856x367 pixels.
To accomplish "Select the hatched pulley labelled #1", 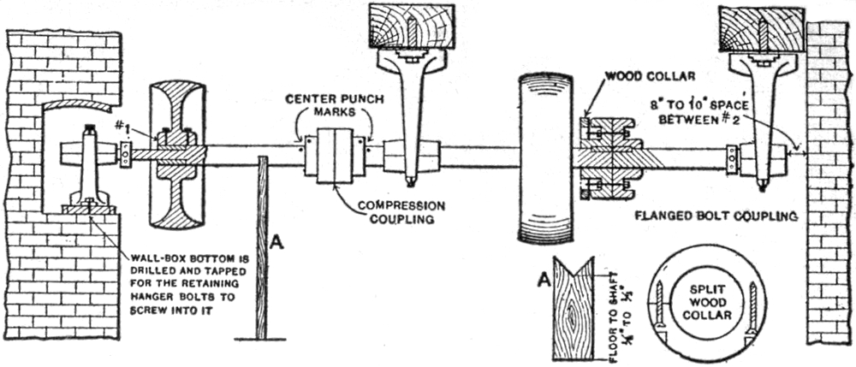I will [x=176, y=156].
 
